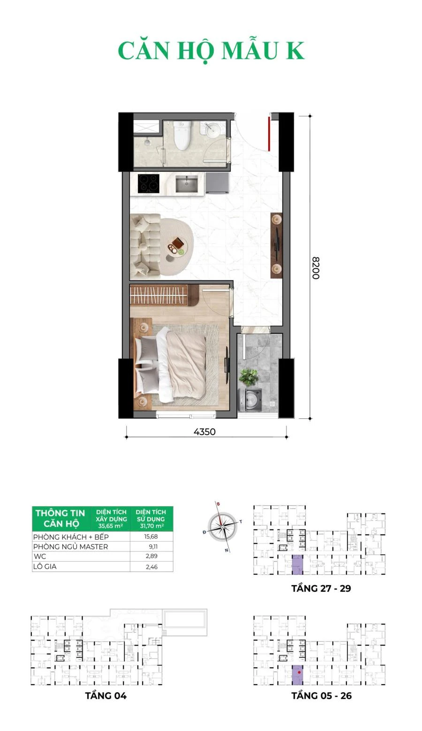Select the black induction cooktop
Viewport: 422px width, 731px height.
[149, 183]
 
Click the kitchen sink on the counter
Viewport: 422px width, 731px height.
[186, 184]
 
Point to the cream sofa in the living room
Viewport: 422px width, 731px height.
[145, 246]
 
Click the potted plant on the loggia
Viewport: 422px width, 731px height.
[249, 377]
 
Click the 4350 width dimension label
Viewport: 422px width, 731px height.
[204, 432]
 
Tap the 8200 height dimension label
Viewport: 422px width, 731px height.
[316, 268]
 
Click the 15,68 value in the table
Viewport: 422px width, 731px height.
[151, 537]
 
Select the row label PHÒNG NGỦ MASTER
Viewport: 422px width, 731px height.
[70, 547]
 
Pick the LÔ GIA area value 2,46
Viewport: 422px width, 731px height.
[152, 567]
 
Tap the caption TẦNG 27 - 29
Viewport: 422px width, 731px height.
[321, 588]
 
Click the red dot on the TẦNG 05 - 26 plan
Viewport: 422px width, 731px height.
[299, 672]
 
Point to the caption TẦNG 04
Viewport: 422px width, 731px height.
[106, 696]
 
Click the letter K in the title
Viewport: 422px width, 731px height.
[295, 51]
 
